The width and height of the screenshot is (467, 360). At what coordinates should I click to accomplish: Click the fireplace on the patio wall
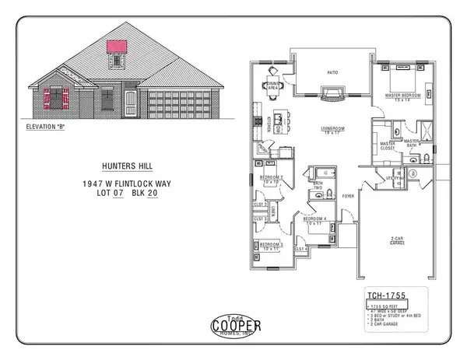tap(331, 94)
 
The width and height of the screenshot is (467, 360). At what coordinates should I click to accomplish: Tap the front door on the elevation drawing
tap(130, 103)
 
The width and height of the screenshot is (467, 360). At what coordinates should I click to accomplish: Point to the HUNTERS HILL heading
tap(125, 166)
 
